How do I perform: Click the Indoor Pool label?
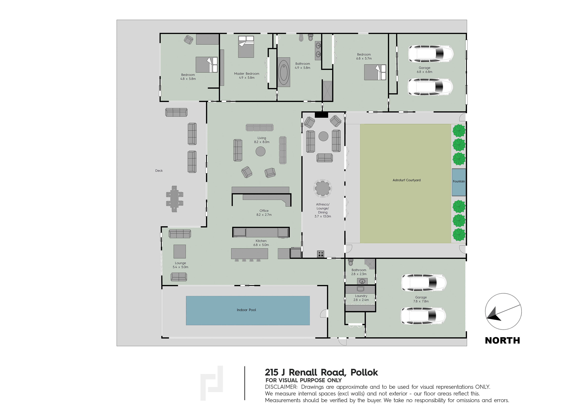coord(246,310)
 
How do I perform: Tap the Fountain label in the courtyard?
coord(459,181)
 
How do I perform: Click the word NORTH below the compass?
coord(502,341)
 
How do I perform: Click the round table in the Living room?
coord(260,151)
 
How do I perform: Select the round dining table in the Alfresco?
coord(323,188)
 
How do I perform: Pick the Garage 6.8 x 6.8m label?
coord(424,70)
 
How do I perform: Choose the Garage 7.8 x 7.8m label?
coord(421,299)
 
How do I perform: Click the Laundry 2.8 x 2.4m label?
coord(361,298)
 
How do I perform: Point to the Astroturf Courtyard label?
coord(407,180)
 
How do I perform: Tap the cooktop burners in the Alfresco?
coord(321,254)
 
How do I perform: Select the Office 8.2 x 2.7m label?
coord(264,213)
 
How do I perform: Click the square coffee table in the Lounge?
coord(180,252)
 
